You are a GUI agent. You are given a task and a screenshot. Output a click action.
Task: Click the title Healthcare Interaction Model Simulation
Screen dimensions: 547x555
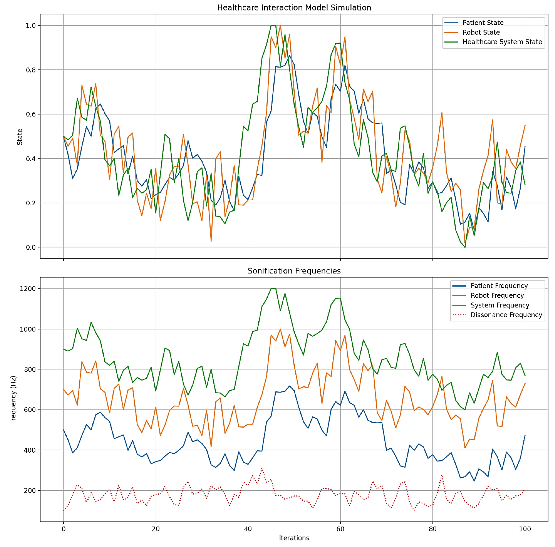tap(294, 8)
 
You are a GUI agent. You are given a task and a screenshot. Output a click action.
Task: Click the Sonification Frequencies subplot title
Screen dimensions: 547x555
tap(294, 271)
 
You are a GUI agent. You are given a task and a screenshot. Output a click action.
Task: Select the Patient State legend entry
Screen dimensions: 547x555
tap(483, 23)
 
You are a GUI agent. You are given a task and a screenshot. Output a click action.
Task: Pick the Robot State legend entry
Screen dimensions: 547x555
tap(481, 32)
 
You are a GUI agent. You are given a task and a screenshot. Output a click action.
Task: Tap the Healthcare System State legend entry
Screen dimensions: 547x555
tap(502, 42)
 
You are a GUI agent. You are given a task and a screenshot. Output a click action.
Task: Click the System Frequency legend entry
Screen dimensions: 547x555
tap(500, 305)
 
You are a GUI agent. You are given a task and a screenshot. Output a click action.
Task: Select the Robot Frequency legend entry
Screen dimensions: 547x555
tap(497, 295)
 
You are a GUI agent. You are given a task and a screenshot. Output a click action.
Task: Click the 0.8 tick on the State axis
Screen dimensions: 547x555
tap(31, 70)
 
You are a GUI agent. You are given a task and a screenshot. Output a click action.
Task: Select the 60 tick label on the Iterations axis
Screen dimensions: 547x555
tap(340, 529)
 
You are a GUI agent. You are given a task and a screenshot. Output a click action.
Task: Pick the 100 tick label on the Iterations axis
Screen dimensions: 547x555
tap(525, 529)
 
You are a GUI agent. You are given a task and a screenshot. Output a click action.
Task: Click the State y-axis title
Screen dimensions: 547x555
tap(19, 137)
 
